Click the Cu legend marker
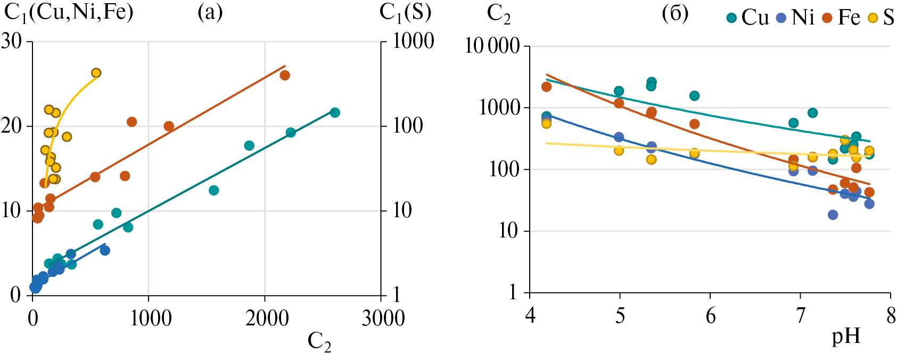coord(732,18)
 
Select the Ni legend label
coord(803,18)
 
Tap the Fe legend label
coord(849,18)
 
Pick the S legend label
coord(888,18)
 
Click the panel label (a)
coord(210,12)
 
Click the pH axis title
coord(846,337)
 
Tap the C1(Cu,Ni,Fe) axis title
coord(69,12)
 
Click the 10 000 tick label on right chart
coord(492,46)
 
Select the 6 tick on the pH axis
coord(711,316)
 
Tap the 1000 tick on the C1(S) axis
coord(414,41)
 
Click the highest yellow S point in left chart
coord(96,73)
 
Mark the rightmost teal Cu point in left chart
coord(335,112)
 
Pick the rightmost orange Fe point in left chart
coord(285,75)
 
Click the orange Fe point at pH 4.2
coord(546,87)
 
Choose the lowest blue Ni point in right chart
coord(833,215)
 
